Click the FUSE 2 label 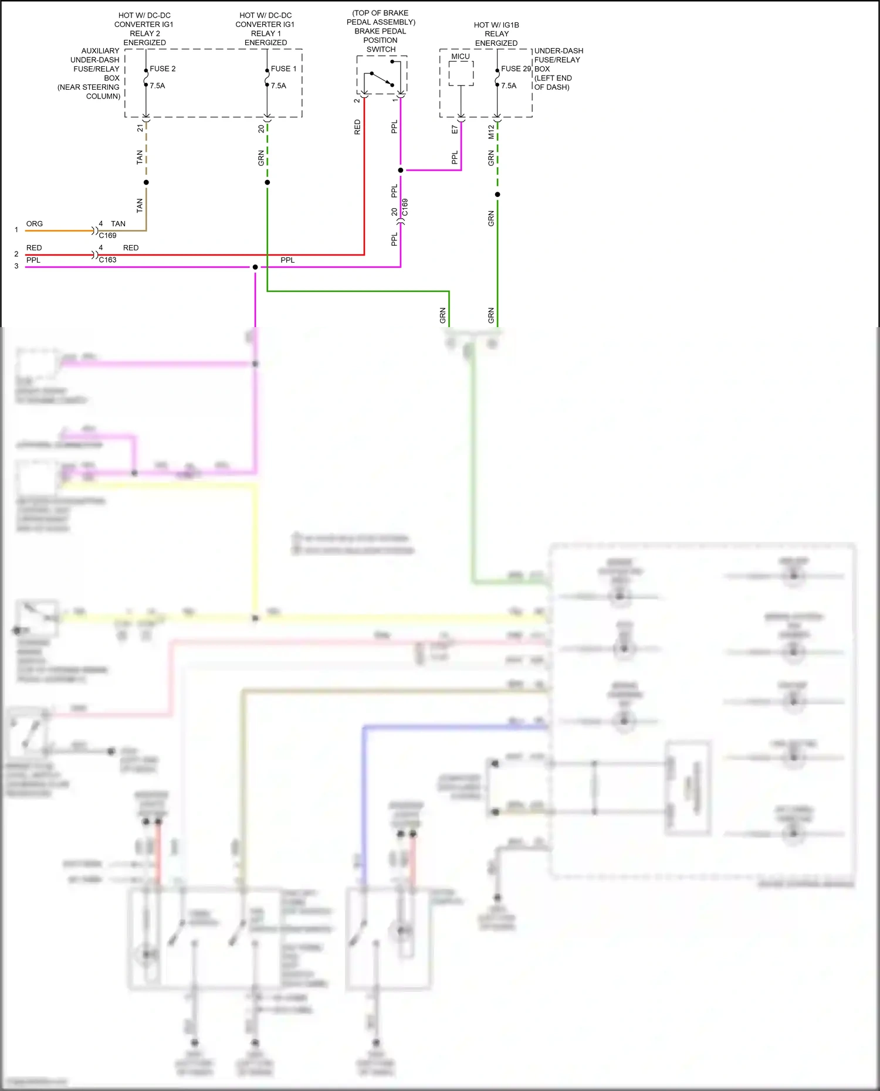click(163, 69)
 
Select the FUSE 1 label click(283, 69)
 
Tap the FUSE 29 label click(516, 69)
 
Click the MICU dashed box click(461, 73)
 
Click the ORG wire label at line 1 click(35, 224)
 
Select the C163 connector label click(107, 260)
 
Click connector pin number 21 click(140, 128)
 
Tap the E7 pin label click(455, 130)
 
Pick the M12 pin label click(491, 132)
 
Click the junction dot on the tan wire click(146, 182)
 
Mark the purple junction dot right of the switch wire click(401, 171)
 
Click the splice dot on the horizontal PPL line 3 click(255, 267)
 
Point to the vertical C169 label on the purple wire click(405, 208)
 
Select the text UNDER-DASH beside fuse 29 click(559, 51)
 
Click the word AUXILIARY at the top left click(100, 51)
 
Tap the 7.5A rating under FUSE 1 click(279, 86)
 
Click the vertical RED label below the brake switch click(357, 127)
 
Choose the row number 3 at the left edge click(16, 266)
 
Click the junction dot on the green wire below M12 click(497, 195)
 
